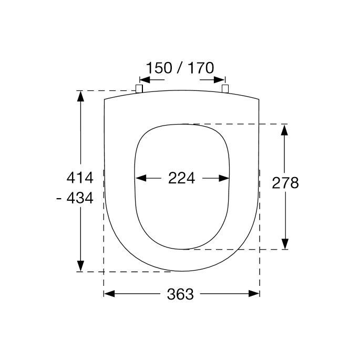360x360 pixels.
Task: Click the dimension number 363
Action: [180, 294]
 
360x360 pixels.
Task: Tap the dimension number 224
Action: [182, 178]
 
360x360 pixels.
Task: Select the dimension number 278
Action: [285, 183]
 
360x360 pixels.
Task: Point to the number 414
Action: [80, 178]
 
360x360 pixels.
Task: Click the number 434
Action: [80, 198]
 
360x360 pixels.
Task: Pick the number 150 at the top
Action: [159, 68]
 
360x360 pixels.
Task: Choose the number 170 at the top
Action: [201, 68]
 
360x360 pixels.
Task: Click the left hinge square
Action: [139, 89]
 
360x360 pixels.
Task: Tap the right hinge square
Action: [225, 89]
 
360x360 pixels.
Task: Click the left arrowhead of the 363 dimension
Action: [109, 294]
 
